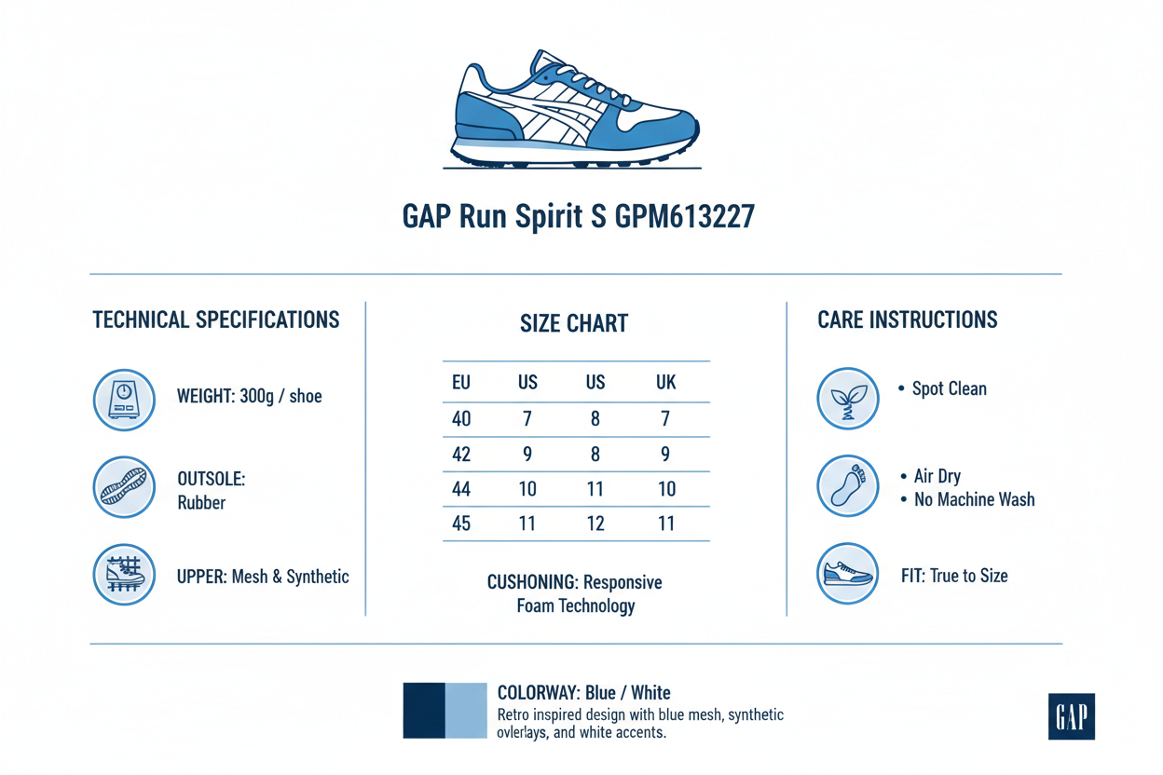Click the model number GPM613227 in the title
[x=685, y=217]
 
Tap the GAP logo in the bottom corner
[x=1071, y=716]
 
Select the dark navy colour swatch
[x=424, y=711]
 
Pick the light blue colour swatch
[x=466, y=711]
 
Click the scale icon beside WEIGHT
[x=124, y=400]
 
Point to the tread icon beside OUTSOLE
[x=124, y=487]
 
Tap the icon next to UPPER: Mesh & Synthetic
[x=124, y=575]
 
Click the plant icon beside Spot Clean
[x=847, y=398]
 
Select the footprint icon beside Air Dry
[x=847, y=486]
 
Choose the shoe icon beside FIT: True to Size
[x=847, y=574]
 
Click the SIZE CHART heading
[x=574, y=324]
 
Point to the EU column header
[x=460, y=383]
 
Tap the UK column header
[x=665, y=383]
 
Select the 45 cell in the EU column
[x=460, y=523]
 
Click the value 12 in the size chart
[x=595, y=523]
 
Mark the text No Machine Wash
[x=974, y=500]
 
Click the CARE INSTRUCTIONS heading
[x=907, y=320]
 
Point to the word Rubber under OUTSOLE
[x=201, y=503]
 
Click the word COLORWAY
[x=539, y=693]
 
